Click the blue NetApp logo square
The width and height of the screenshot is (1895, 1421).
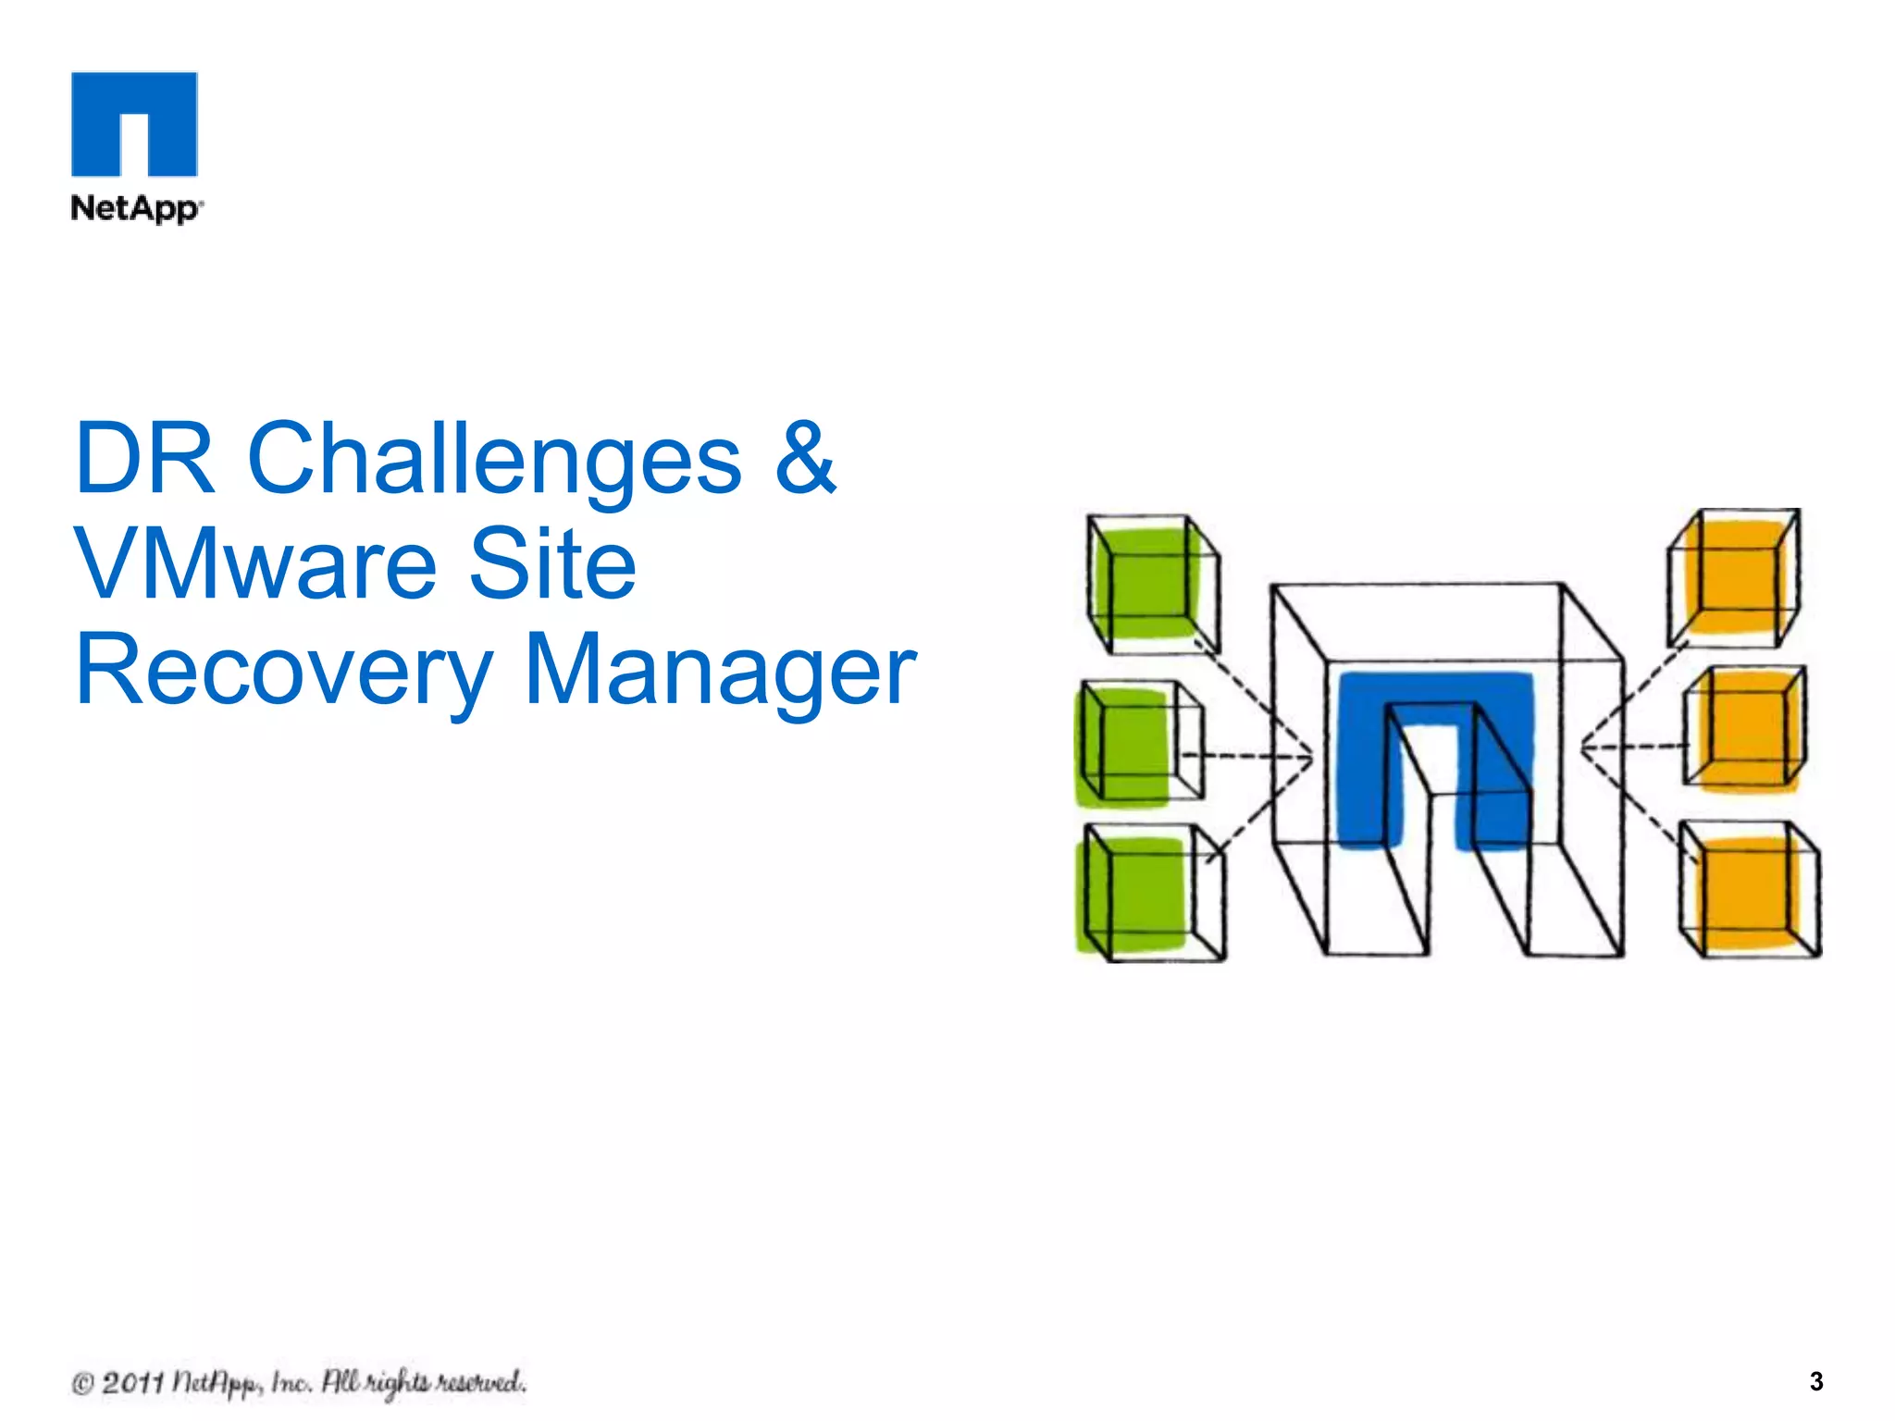click(134, 123)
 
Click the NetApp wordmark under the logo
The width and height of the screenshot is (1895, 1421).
click(135, 208)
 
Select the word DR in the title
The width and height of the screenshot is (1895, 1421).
click(144, 459)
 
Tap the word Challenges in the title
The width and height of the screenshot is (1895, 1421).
click(494, 459)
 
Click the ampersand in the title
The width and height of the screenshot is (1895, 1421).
click(804, 459)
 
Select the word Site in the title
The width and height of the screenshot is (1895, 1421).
click(552, 564)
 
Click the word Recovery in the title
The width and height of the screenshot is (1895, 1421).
click(283, 671)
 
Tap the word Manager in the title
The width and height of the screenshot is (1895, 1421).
click(720, 671)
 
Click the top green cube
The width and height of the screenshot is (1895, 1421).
click(1152, 584)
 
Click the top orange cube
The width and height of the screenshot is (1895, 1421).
click(1732, 578)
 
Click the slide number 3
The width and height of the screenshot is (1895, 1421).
click(1815, 1381)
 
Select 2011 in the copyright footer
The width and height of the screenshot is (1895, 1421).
click(131, 1383)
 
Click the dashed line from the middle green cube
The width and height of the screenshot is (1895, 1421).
click(1249, 757)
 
